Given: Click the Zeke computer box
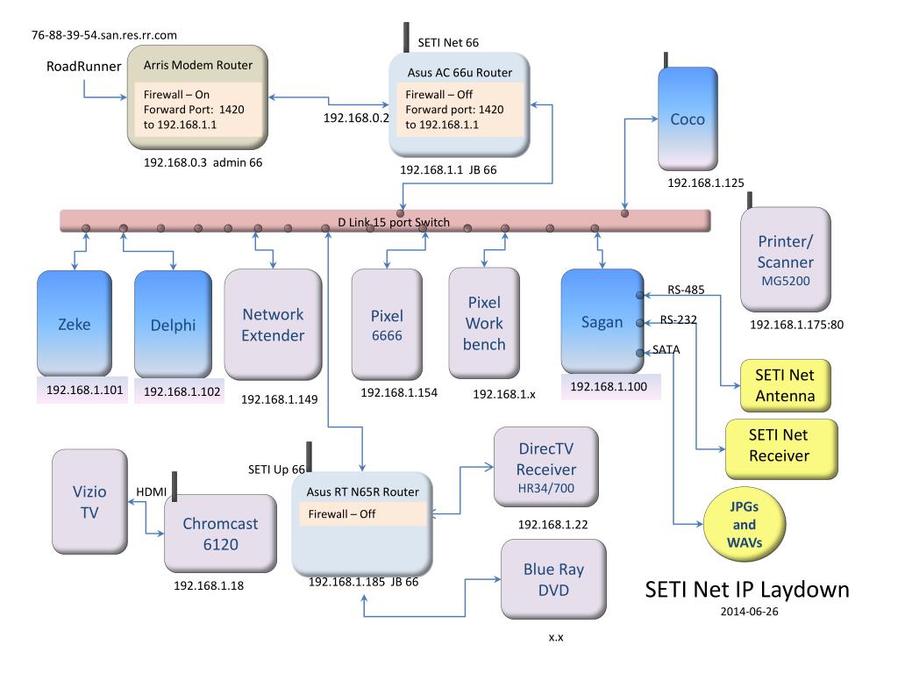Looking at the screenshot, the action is pyautogui.click(x=75, y=323).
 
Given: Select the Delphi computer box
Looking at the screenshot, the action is pyautogui.click(x=173, y=324).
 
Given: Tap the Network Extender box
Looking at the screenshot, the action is pyautogui.click(x=274, y=325).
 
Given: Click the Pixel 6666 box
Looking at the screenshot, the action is pyautogui.click(x=387, y=325).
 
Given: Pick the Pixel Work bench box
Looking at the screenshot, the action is pyautogui.click(x=484, y=323).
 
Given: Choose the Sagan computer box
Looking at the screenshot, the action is pyautogui.click(x=602, y=321).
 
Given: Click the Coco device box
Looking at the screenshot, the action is pyautogui.click(x=688, y=118).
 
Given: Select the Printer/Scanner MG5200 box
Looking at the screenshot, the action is pyautogui.click(x=785, y=260).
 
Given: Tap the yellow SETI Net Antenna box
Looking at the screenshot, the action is pyautogui.click(x=785, y=385).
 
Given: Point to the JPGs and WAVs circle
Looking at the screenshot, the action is pyautogui.click(x=745, y=525).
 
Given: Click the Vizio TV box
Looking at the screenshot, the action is pyautogui.click(x=90, y=501).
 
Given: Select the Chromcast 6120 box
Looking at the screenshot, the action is pyautogui.click(x=220, y=534).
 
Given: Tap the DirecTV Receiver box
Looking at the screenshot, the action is pyautogui.click(x=546, y=467).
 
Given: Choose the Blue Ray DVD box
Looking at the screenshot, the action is pyautogui.click(x=554, y=579).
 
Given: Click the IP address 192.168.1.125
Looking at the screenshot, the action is pyautogui.click(x=706, y=183).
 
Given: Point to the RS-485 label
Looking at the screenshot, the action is pyautogui.click(x=686, y=290).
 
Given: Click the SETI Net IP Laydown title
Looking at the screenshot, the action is pyautogui.click(x=747, y=589).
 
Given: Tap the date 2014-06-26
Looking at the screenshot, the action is pyautogui.click(x=749, y=612).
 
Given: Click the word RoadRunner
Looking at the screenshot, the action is pyautogui.click(x=83, y=67).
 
